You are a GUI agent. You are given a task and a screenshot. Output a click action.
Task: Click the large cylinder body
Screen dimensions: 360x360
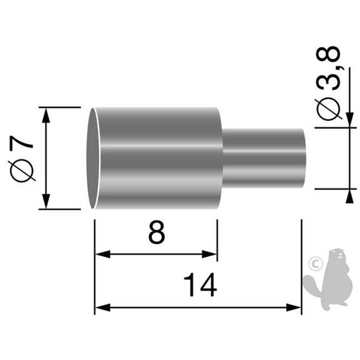[158, 157]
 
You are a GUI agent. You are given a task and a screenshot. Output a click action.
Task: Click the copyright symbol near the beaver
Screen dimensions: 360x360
[314, 264]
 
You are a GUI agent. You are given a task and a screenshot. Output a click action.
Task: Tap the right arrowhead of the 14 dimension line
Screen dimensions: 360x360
[295, 307]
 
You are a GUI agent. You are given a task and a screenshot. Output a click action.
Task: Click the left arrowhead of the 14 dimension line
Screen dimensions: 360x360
[100, 307]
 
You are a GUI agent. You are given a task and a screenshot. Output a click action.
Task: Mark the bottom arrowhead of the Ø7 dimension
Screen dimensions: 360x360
[47, 203]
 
